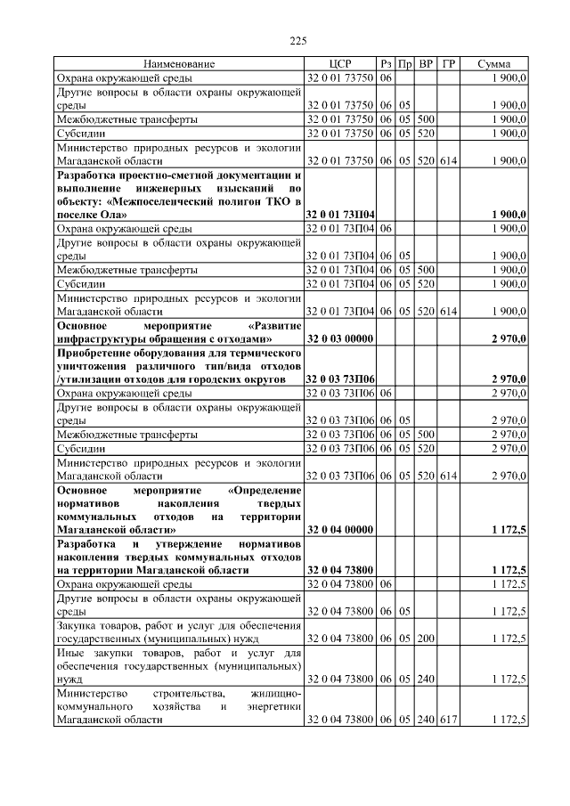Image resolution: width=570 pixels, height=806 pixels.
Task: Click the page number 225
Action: click(x=298, y=40)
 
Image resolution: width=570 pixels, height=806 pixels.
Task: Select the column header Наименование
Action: click(x=179, y=65)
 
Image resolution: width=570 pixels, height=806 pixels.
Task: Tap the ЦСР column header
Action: click(x=339, y=65)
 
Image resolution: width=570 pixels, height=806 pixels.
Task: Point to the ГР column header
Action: click(x=448, y=65)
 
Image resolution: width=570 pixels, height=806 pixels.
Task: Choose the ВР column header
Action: click(x=426, y=65)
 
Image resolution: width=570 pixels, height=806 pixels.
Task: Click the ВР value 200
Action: click(x=426, y=638)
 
